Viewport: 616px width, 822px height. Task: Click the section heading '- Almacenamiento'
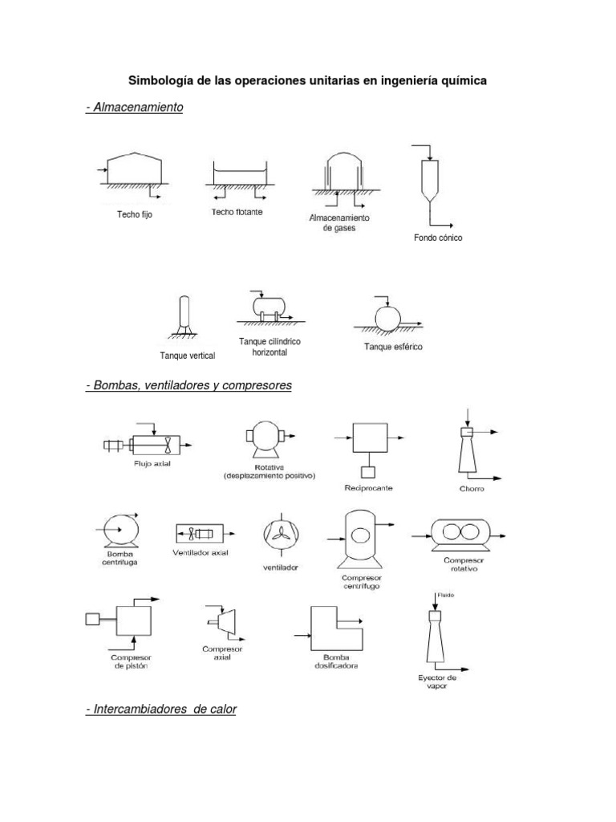click(135, 107)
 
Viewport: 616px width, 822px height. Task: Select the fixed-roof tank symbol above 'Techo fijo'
click(136, 171)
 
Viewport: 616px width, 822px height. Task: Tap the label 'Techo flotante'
click(237, 213)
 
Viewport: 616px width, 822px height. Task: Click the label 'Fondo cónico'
click(438, 238)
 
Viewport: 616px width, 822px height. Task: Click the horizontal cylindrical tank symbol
click(269, 307)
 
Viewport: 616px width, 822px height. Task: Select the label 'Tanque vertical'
click(188, 355)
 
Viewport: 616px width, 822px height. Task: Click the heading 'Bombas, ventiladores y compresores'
click(189, 386)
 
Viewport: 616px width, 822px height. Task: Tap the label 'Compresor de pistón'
click(130, 661)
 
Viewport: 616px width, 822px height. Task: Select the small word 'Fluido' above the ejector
click(445, 595)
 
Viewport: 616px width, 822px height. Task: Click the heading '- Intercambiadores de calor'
click(161, 710)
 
